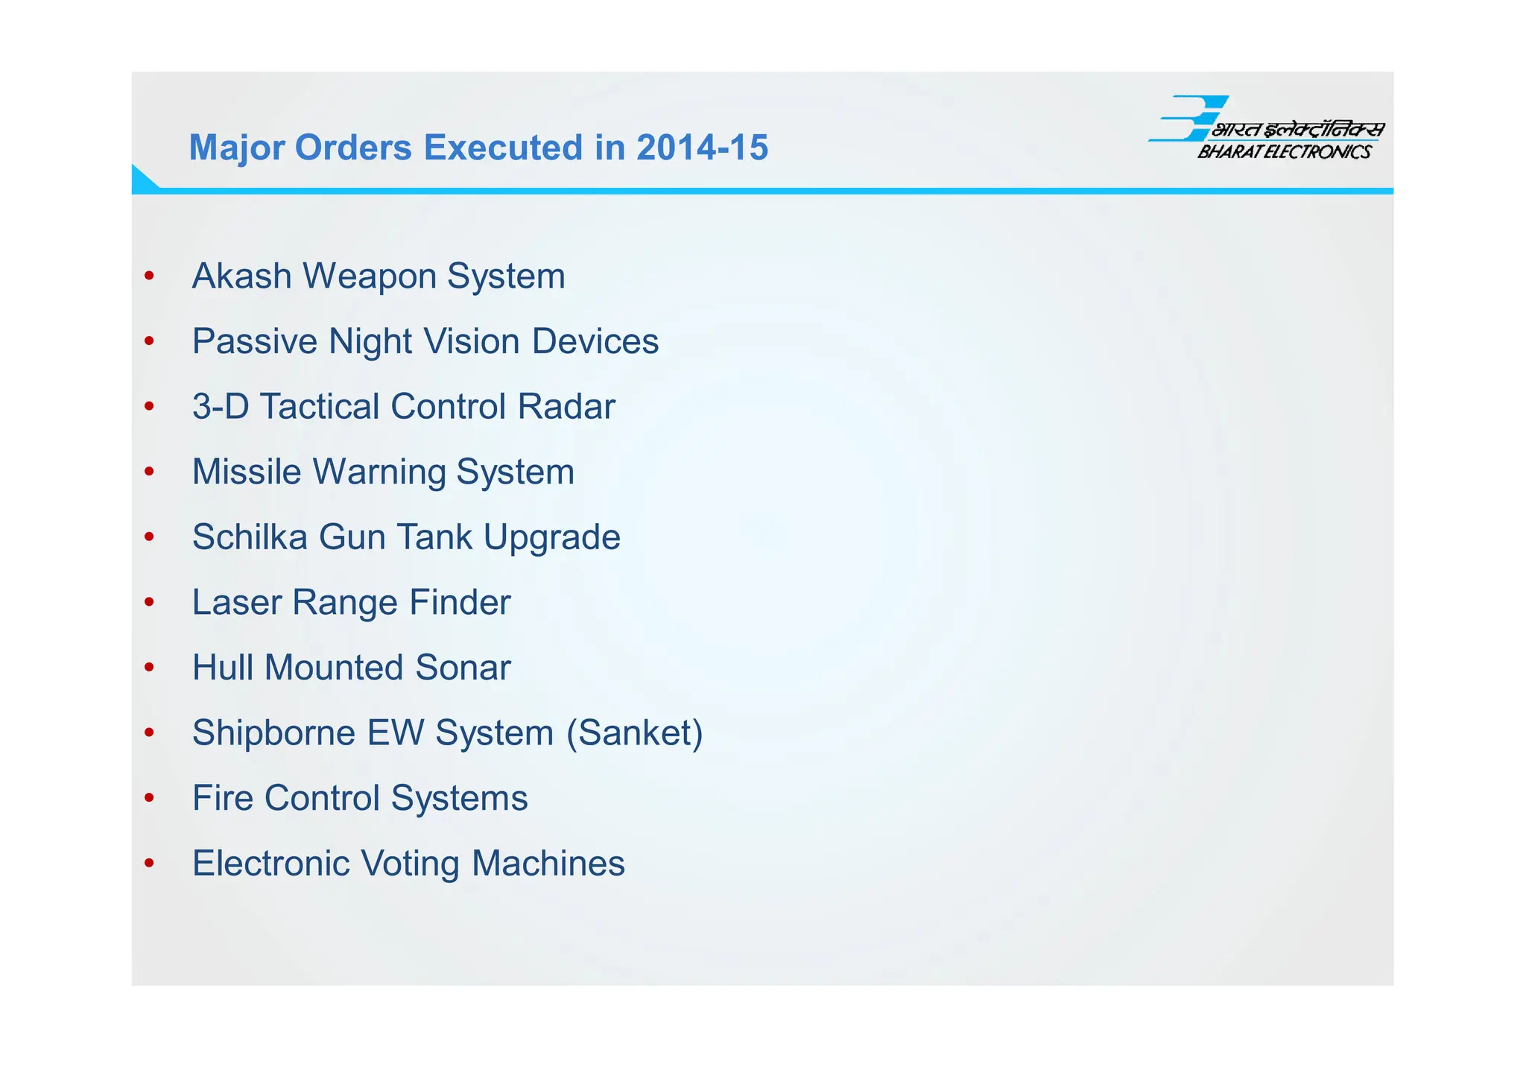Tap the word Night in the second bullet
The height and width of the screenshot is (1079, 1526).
(370, 342)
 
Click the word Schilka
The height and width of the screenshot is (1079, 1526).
(250, 537)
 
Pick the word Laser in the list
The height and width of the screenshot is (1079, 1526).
(236, 602)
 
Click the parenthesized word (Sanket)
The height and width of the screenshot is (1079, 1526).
(634, 733)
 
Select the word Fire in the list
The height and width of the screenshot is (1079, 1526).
(222, 798)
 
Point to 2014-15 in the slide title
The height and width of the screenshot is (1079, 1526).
(702, 148)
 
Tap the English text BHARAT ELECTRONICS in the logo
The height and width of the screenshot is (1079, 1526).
(1284, 152)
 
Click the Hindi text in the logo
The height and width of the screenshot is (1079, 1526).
(1298, 130)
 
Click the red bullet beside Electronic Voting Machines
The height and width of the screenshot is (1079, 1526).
(150, 863)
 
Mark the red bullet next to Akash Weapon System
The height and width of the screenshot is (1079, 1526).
(150, 276)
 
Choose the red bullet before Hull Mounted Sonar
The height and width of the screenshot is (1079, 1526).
(150, 667)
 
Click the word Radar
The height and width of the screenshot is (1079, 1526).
(566, 407)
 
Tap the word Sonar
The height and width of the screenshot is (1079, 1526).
(463, 668)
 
